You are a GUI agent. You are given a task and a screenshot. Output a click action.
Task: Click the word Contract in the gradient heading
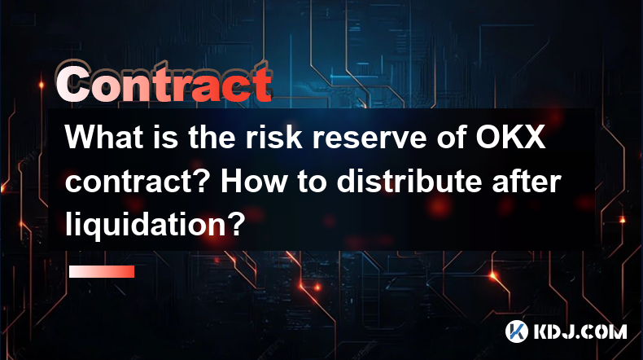(164, 83)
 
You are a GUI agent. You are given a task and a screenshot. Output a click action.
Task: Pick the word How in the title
(253, 181)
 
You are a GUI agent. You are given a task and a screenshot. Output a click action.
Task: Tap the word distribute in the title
(409, 181)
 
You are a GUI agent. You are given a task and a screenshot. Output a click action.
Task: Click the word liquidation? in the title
(155, 226)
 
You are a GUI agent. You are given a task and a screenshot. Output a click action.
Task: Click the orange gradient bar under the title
(102, 271)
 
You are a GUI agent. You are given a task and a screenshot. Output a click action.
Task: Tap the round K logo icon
(516, 331)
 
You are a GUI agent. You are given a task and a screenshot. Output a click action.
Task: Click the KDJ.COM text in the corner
(580, 331)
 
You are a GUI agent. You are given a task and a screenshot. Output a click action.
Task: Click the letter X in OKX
(534, 137)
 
